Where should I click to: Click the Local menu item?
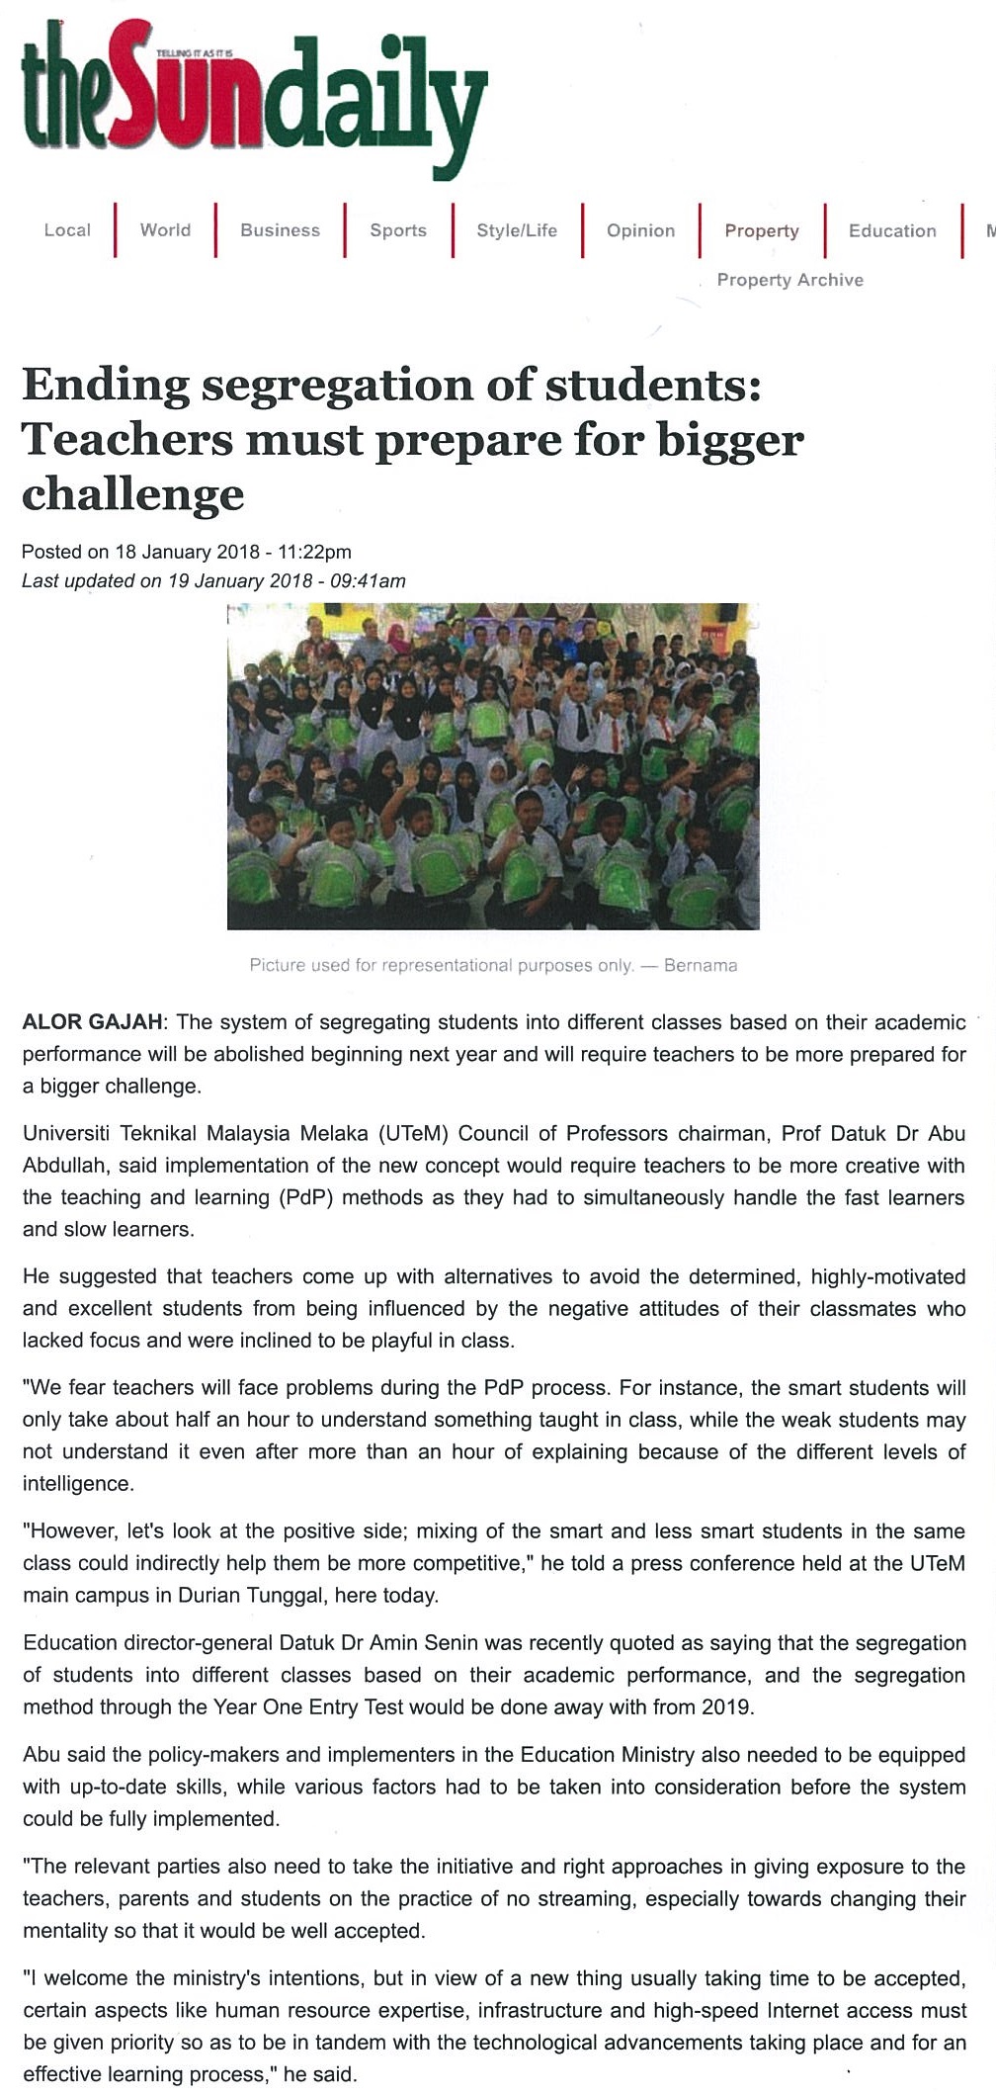pos(67,230)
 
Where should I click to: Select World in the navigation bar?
pos(165,230)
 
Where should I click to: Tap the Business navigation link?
pos(280,230)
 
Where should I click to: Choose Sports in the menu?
pos(398,230)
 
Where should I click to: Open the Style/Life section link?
pos(517,230)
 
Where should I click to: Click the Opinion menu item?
pos(640,230)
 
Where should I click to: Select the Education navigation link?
pos(892,230)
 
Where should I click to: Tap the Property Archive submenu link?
pos(789,280)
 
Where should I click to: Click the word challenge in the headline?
pos(132,493)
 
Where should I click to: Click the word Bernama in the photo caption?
pos(701,965)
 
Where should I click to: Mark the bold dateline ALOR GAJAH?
pos(93,1022)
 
